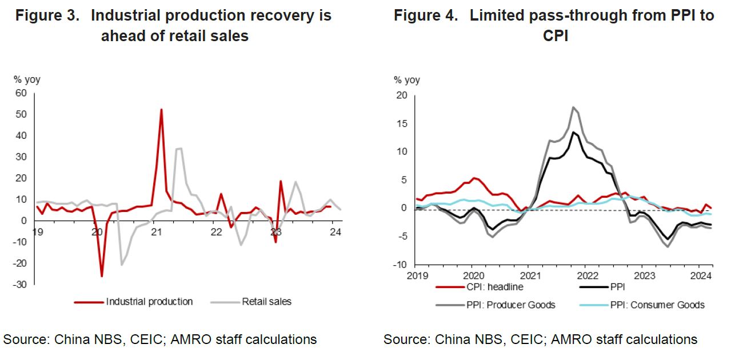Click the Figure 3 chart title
click(174, 25)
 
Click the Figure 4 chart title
click(554, 25)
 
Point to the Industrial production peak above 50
click(161, 109)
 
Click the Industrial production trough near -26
click(102, 277)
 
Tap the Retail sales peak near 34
click(179, 149)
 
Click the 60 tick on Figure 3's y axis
click(21, 93)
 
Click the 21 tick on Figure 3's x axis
click(156, 232)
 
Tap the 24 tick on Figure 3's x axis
click(335, 232)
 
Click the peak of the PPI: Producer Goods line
click(573, 107)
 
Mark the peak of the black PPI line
click(573, 132)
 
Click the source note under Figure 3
click(160, 339)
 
